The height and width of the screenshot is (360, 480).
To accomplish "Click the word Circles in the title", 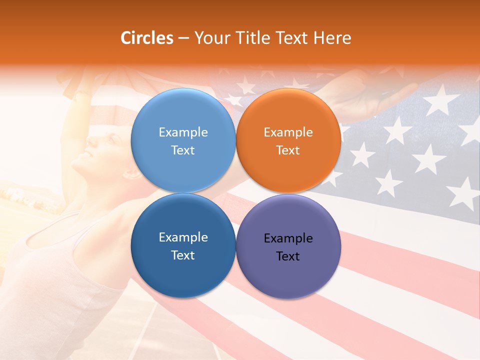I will (x=146, y=38).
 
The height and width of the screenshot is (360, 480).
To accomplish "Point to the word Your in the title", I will (x=212, y=38).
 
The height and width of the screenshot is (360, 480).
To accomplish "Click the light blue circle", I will (x=183, y=140).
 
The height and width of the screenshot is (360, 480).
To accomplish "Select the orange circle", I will (x=288, y=140).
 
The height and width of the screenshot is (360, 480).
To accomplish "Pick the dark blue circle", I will (x=183, y=246).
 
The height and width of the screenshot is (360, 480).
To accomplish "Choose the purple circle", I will (x=288, y=246).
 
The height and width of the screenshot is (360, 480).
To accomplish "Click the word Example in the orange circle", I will (x=288, y=132).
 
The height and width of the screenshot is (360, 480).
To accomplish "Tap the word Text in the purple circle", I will (x=288, y=256).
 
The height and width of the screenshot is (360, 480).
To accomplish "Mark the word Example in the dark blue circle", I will (x=183, y=237).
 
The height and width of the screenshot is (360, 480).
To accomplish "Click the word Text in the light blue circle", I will (x=183, y=150).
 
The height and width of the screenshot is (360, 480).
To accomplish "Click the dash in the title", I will (x=183, y=38).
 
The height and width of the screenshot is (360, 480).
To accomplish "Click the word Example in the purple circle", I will (x=288, y=238).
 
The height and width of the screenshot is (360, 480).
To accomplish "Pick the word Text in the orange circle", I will (x=288, y=150).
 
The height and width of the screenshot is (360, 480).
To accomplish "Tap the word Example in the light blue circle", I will (x=183, y=132).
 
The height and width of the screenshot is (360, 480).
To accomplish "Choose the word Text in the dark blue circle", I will (x=183, y=255).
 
